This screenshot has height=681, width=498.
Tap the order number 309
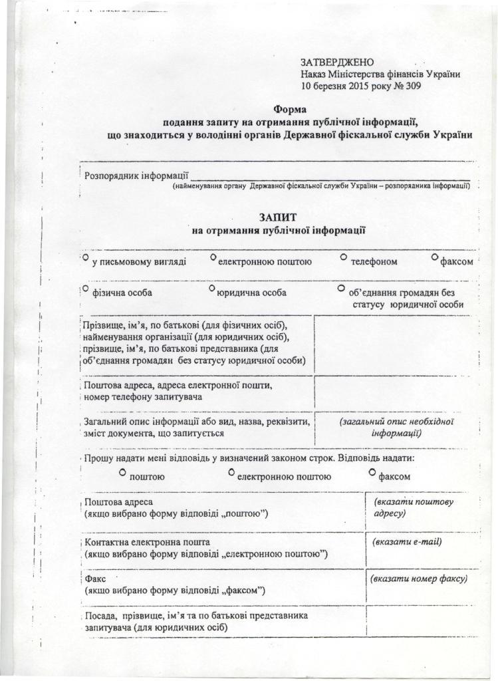pyautogui.click(x=412, y=86)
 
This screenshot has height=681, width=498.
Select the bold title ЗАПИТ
pyautogui.click(x=278, y=217)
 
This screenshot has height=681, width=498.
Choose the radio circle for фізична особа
pyautogui.click(x=86, y=289)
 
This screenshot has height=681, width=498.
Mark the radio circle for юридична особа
pyautogui.click(x=211, y=289)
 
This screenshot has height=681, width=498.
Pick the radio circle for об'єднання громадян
pyautogui.click(x=341, y=289)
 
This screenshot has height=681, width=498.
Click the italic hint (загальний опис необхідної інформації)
pyautogui.click(x=396, y=427)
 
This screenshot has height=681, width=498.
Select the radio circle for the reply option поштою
pyautogui.click(x=122, y=472)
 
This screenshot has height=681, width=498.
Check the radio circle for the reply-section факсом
pyautogui.click(x=372, y=472)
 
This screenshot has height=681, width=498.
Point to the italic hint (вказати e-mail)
pyautogui.click(x=408, y=541)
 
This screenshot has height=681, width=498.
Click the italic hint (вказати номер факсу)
pyautogui.click(x=420, y=579)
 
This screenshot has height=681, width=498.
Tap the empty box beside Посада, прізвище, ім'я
pyautogui.click(x=422, y=621)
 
